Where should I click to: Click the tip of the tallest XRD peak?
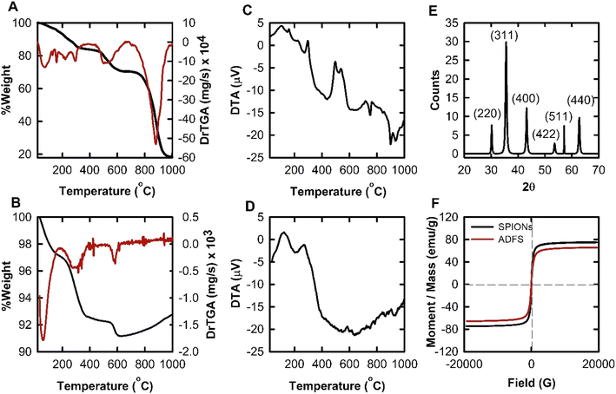pyautogui.click(x=507, y=41)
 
